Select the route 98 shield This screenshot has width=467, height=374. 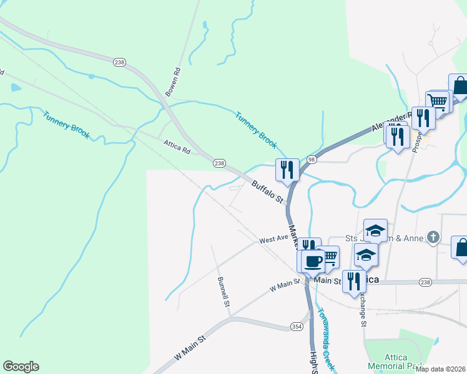click(x=312, y=160)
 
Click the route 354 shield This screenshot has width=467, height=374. click(x=297, y=327)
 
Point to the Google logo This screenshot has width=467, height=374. click(x=21, y=367)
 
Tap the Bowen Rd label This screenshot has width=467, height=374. click(x=172, y=81)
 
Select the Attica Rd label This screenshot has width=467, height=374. click(x=177, y=147)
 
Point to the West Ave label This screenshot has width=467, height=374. click(x=274, y=239)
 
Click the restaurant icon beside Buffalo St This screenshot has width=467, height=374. click(x=287, y=170)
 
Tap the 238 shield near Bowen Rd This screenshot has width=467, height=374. click(x=120, y=62)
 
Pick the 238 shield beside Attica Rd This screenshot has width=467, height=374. click(x=219, y=163)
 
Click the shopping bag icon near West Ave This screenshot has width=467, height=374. click(x=461, y=247)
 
